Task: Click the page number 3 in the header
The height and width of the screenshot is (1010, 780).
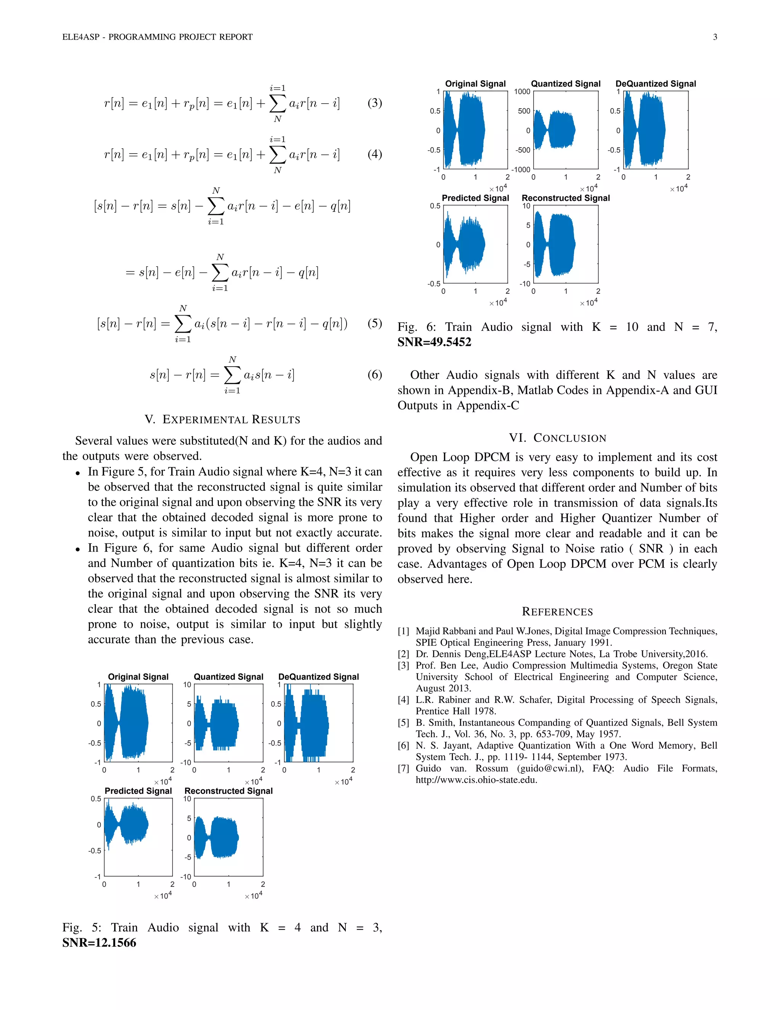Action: (715, 37)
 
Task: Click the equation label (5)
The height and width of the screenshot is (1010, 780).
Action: (374, 323)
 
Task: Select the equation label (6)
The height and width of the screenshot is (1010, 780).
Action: (374, 374)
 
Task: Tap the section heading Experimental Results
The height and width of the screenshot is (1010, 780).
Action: (222, 420)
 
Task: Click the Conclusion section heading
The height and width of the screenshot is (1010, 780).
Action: (557, 438)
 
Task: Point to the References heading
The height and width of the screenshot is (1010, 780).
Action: (557, 612)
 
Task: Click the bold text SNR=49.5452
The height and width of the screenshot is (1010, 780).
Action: (434, 342)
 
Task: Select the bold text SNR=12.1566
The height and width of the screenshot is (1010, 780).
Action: (99, 943)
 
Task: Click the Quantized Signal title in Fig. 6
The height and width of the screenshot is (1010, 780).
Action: (566, 84)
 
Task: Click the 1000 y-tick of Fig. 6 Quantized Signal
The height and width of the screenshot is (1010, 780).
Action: (522, 91)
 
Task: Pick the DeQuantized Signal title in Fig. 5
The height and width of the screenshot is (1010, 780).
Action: (318, 677)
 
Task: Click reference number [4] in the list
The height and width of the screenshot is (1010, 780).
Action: (403, 700)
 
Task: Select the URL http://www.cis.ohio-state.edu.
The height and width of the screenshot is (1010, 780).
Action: (476, 780)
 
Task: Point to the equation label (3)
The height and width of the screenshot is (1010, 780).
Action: (374, 103)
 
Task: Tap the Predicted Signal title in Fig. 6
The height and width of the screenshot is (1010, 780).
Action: (475, 198)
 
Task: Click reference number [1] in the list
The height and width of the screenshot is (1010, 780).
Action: (403, 631)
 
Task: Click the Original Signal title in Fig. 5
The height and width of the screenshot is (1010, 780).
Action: (138, 677)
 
